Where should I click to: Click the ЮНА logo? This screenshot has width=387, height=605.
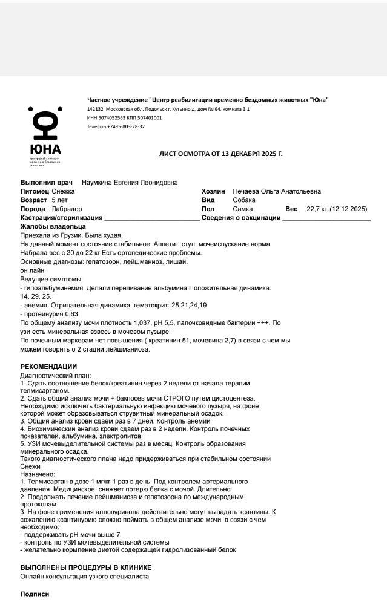tap(45, 134)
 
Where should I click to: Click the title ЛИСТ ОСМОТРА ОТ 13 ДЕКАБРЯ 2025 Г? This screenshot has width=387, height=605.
tap(220, 154)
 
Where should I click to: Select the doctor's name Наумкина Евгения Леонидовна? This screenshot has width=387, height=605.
tap(130, 182)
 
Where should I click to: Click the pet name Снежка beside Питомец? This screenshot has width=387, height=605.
tap(64, 191)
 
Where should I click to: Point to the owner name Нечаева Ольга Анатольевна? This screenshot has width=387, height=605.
tap(277, 191)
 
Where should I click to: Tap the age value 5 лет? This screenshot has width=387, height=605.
tap(60, 200)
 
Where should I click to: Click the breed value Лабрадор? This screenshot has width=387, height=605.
tap(67, 209)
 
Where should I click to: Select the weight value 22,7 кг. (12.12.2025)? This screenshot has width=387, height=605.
tap(337, 209)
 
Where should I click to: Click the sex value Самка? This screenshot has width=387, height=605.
tap(243, 209)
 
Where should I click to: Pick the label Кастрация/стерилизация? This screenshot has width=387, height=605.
tap(62, 217)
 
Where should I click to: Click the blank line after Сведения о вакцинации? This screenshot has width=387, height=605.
tap(326, 219)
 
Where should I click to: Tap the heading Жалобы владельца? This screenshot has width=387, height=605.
tap(53, 226)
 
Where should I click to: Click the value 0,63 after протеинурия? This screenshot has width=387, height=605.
tap(71, 314)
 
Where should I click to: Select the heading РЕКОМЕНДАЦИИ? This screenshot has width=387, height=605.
tap(48, 367)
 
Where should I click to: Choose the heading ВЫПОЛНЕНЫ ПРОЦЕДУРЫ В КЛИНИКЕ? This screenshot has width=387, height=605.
tap(86, 567)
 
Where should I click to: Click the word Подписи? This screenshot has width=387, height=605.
tap(35, 594)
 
